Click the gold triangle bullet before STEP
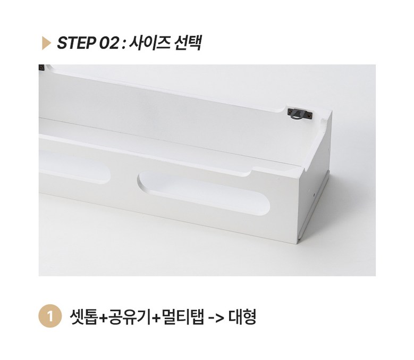tap(46, 43)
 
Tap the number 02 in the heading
tap(108, 43)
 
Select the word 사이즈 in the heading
tap(149, 43)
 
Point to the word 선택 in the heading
tap(188, 43)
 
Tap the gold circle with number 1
tap(50, 316)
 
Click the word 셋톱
tap(83, 316)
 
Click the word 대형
tap(242, 316)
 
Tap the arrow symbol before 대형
tap(216, 317)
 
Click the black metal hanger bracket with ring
tap(300, 114)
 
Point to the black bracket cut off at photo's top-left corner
tap(41, 68)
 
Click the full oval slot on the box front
tap(204, 192)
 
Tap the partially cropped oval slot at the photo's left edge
tap(74, 166)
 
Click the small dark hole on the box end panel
tap(314, 195)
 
